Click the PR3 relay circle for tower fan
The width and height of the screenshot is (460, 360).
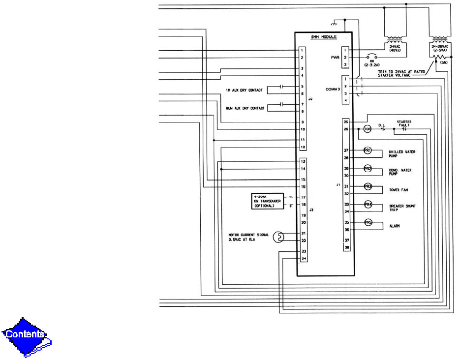pyautogui.click(x=367, y=186)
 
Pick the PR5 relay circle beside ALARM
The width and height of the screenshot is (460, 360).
pyautogui.click(x=367, y=223)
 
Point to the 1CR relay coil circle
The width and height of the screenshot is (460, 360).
pyautogui.click(x=367, y=130)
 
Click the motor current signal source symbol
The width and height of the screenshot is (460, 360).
pyautogui.click(x=278, y=237)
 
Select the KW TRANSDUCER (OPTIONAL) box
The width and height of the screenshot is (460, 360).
pyautogui.click(x=268, y=201)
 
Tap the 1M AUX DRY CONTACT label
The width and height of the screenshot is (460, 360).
pyautogui.click(x=244, y=90)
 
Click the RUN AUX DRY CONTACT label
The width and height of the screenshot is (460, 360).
pyautogui.click(x=245, y=108)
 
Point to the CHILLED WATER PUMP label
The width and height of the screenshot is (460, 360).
pyautogui.click(x=402, y=154)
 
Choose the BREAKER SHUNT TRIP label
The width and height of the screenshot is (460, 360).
pyautogui.click(x=402, y=208)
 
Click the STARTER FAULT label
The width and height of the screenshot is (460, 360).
pyautogui.click(x=404, y=123)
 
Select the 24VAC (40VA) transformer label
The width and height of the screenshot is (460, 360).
pyautogui.click(x=396, y=49)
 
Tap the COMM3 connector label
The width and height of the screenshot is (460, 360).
pyautogui.click(x=333, y=89)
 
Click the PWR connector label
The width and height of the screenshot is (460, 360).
pyautogui.click(x=335, y=58)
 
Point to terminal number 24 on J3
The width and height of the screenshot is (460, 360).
pyautogui.click(x=304, y=258)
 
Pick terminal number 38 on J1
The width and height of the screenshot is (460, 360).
pyautogui.click(x=347, y=248)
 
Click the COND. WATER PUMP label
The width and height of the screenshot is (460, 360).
pyautogui.click(x=400, y=172)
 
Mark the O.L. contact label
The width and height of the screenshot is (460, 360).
pyautogui.click(x=381, y=125)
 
